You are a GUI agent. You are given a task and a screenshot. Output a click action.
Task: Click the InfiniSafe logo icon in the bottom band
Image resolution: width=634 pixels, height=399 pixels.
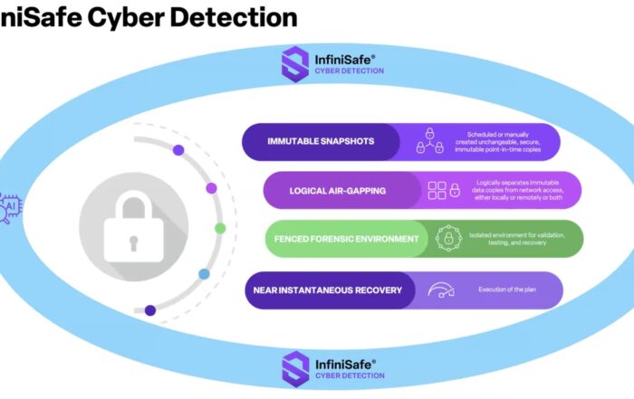295,366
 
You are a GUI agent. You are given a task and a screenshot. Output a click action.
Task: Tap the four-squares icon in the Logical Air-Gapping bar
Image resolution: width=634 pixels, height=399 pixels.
437,190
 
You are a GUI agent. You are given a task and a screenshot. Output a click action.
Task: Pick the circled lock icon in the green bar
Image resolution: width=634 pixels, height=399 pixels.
446,239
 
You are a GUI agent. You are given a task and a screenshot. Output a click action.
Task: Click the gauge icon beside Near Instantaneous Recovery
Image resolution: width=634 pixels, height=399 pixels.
442,290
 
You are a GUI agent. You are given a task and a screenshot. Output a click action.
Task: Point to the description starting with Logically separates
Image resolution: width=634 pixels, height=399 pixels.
519,190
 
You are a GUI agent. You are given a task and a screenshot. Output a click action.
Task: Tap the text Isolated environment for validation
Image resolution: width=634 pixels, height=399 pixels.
520,239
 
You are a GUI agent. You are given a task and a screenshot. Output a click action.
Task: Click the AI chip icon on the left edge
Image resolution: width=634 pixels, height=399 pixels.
10,207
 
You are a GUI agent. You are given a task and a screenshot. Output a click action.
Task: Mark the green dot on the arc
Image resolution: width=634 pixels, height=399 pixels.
219,228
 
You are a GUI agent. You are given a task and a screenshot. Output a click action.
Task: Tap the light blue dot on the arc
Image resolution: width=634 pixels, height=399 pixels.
204,273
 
